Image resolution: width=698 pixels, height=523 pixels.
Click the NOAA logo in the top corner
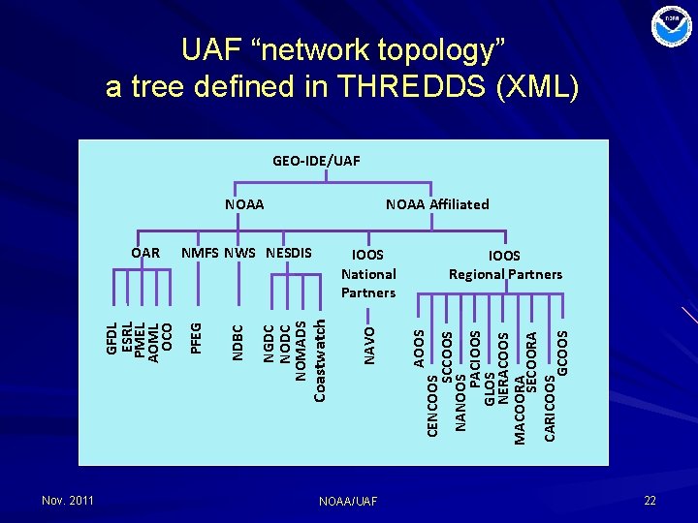click(x=672, y=26)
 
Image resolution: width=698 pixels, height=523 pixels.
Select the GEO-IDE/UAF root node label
click(x=316, y=160)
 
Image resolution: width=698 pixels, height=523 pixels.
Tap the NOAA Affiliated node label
click(x=437, y=203)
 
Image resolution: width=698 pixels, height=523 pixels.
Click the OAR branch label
click(x=145, y=253)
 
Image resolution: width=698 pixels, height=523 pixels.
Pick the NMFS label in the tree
click(x=201, y=253)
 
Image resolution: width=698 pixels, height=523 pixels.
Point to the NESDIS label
click(x=288, y=253)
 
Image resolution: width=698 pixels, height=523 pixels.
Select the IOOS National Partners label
click(x=368, y=274)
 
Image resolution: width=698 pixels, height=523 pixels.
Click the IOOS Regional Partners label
click(x=505, y=264)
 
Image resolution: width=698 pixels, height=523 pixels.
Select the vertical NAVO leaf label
click(x=368, y=345)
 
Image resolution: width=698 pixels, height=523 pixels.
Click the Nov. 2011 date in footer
click(x=68, y=500)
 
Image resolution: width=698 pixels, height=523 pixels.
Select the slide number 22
click(x=650, y=500)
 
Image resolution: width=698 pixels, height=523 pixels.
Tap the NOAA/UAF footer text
click(x=348, y=501)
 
